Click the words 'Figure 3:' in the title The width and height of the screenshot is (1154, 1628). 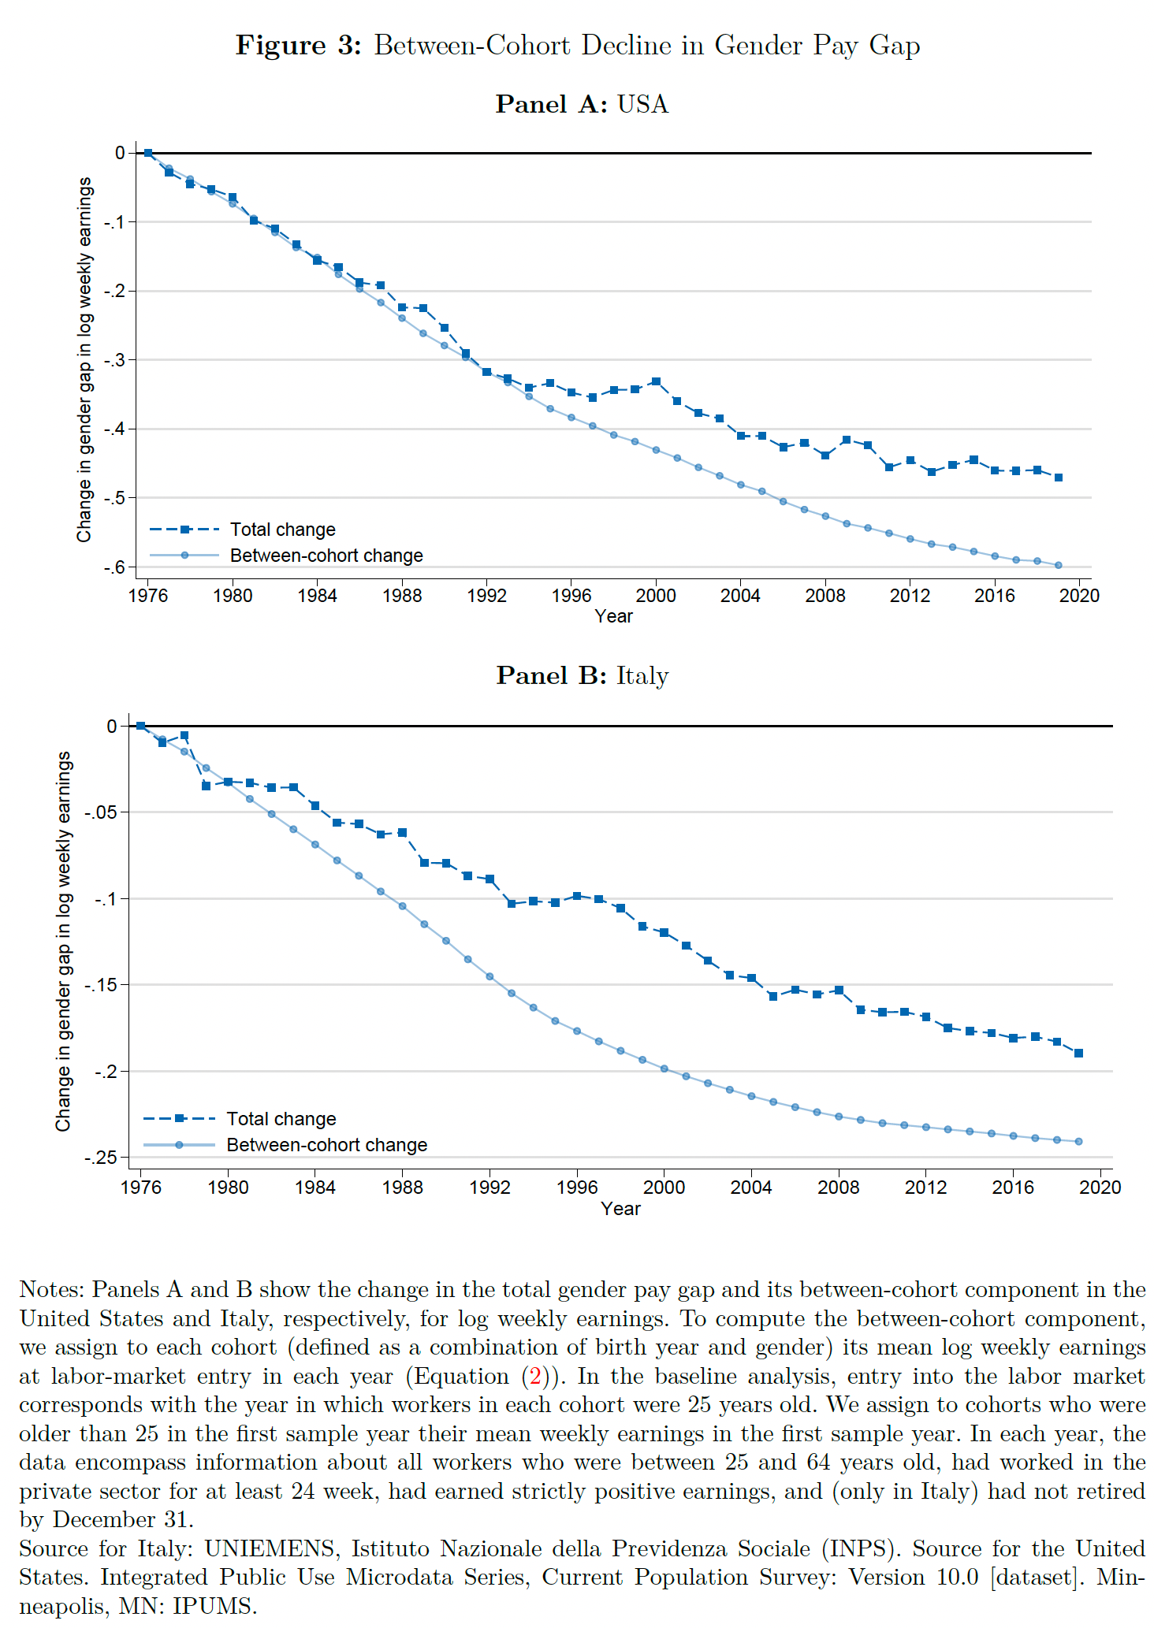(298, 46)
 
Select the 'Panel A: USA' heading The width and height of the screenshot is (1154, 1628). (582, 105)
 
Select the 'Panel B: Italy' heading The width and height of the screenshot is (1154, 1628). (582, 676)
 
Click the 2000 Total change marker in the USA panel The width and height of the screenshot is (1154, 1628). (656, 381)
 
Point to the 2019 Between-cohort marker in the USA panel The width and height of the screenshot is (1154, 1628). (1058, 565)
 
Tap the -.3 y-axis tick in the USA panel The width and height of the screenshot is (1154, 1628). (114, 360)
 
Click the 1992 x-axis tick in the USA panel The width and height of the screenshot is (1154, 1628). (486, 596)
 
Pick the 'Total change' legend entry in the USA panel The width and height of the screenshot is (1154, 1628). (282, 530)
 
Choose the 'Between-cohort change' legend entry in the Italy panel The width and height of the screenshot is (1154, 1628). (326, 1145)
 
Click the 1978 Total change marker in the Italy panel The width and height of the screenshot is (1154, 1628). (184, 735)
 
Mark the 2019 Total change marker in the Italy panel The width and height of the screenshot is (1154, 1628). (1078, 1053)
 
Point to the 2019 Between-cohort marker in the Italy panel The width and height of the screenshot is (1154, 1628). (1078, 1141)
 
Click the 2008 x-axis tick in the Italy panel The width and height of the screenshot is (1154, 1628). (838, 1188)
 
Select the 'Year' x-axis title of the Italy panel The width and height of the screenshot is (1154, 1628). (620, 1209)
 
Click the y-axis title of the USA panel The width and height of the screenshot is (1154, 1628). (84, 359)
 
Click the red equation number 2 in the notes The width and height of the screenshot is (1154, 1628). (536, 1377)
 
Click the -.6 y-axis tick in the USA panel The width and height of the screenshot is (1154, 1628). (114, 567)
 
